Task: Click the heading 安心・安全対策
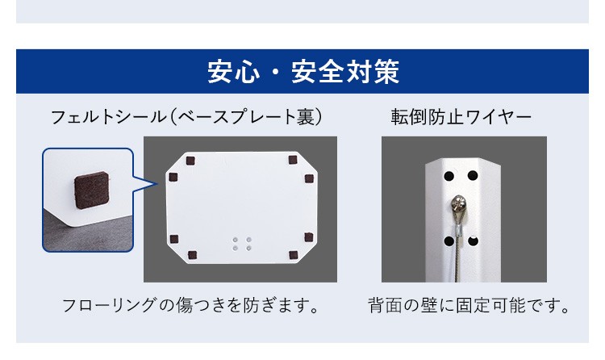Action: coord(302,72)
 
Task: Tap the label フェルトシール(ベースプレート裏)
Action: coord(186,117)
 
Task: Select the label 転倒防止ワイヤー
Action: coord(461,117)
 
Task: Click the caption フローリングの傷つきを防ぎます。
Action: coord(191,306)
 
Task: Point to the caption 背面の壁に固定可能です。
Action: coord(469,306)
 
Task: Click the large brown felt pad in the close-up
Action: coord(91,190)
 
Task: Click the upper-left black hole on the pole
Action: coord(449,176)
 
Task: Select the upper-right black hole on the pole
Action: coord(473,176)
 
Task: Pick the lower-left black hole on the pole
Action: coord(449,241)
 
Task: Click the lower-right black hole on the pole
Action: coord(473,241)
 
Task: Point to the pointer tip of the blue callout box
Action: coord(157,184)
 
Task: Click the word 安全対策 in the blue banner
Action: coord(345,72)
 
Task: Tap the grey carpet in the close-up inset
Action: coord(77,237)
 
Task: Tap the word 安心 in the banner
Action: coord(233,72)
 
